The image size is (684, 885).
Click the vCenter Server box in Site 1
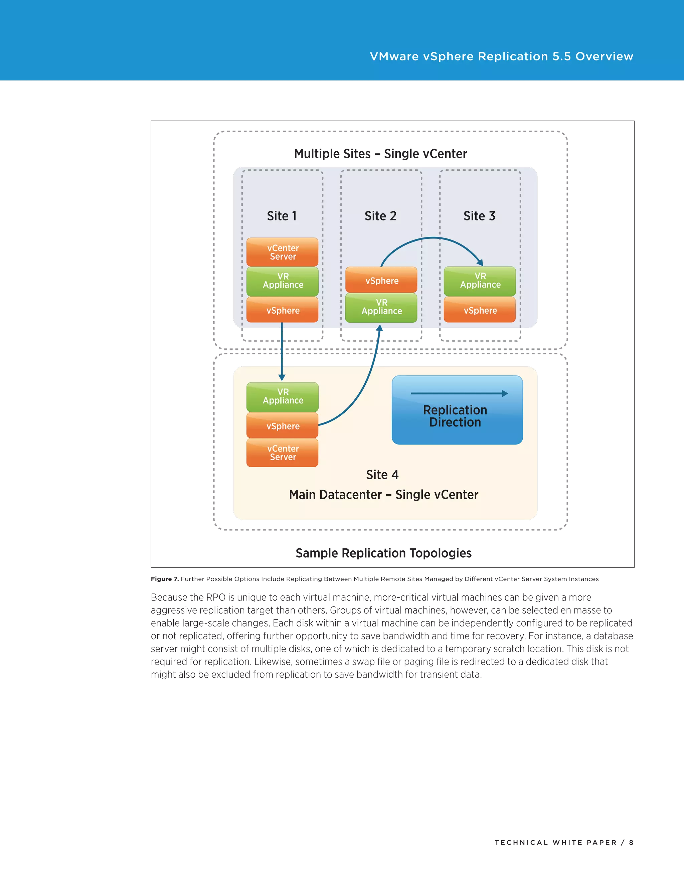(x=283, y=252)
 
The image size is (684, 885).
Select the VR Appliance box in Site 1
(x=283, y=281)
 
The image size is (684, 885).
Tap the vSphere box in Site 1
(x=283, y=310)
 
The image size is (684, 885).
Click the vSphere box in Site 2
(x=381, y=280)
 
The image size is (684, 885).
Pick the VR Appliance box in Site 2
(x=381, y=307)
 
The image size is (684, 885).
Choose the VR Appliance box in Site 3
(x=480, y=281)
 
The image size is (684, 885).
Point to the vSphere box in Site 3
(x=480, y=310)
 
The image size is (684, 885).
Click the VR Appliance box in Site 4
(x=283, y=396)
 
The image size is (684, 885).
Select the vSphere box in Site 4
(x=283, y=425)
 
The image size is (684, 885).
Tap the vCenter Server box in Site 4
(x=283, y=453)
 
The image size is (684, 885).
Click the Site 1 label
(x=282, y=216)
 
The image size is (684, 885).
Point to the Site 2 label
(x=380, y=216)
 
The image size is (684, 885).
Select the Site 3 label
(x=479, y=216)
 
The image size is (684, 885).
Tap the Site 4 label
(x=382, y=475)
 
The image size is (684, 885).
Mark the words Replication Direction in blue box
(x=455, y=416)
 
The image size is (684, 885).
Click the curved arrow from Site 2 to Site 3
(x=433, y=238)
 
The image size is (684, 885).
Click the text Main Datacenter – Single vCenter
(x=383, y=495)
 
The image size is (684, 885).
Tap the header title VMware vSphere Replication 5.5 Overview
(x=501, y=56)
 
